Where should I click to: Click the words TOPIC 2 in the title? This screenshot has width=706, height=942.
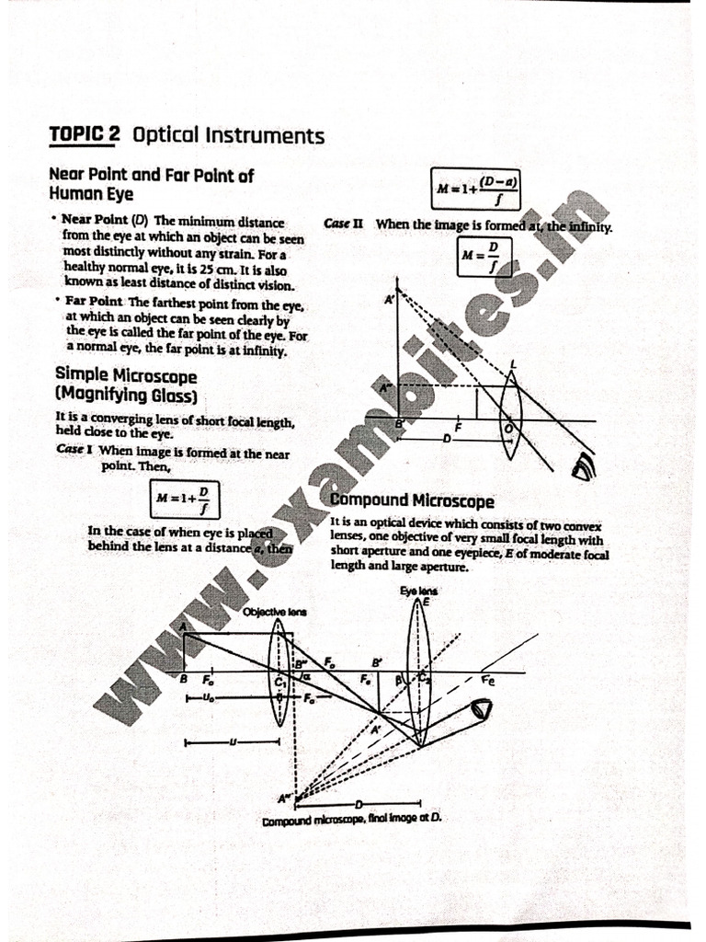(85, 135)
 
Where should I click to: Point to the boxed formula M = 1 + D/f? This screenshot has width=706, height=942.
(184, 499)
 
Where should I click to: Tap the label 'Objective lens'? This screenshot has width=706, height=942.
(275, 612)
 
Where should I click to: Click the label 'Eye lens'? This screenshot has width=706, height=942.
(418, 591)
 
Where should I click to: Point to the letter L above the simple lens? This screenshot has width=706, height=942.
(513, 364)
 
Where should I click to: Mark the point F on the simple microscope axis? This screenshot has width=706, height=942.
(457, 429)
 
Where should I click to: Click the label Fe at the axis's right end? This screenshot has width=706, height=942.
(487, 682)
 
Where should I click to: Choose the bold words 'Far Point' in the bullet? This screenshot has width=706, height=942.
(94, 303)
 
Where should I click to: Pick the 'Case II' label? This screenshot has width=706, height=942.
(344, 224)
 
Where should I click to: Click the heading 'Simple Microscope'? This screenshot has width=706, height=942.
(126, 376)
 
